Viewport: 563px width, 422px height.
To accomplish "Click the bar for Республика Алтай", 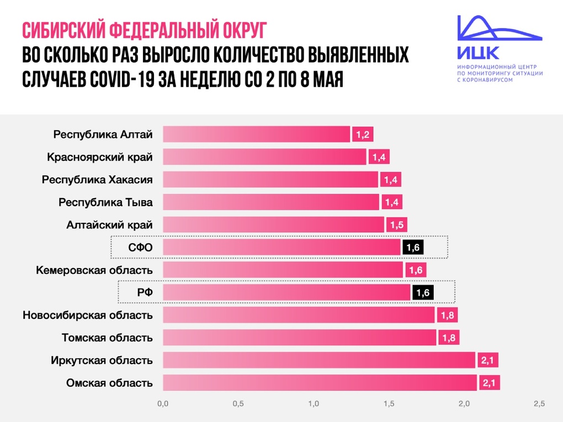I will [257, 135].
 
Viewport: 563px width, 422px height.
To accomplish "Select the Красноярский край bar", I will [265, 157].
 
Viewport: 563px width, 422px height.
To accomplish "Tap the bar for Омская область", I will [320, 383].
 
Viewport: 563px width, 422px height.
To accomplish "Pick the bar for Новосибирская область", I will [299, 315].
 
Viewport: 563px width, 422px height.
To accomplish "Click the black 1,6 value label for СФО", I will [413, 248].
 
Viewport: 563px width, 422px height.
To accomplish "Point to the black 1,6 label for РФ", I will [423, 293].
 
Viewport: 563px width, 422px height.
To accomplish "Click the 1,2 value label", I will [363, 135].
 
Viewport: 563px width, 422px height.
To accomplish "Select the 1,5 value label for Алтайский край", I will [397, 225].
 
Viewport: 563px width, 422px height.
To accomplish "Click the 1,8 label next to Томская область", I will [449, 338].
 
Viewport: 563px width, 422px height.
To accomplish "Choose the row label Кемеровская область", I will [94, 270].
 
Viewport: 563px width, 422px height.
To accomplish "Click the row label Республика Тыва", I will [105, 202].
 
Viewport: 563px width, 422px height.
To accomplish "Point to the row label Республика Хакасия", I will [97, 180].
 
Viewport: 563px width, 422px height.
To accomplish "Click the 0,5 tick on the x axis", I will [238, 404].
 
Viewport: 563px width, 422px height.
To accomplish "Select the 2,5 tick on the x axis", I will [539, 404].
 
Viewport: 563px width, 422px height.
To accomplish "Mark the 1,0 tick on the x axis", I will [314, 404].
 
